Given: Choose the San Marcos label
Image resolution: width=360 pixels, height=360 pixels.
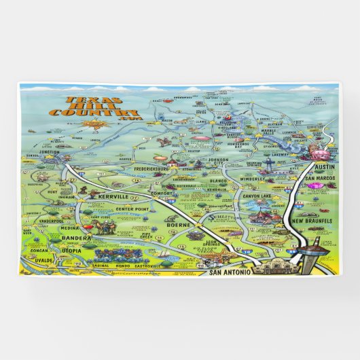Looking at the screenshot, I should click(x=319, y=179).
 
